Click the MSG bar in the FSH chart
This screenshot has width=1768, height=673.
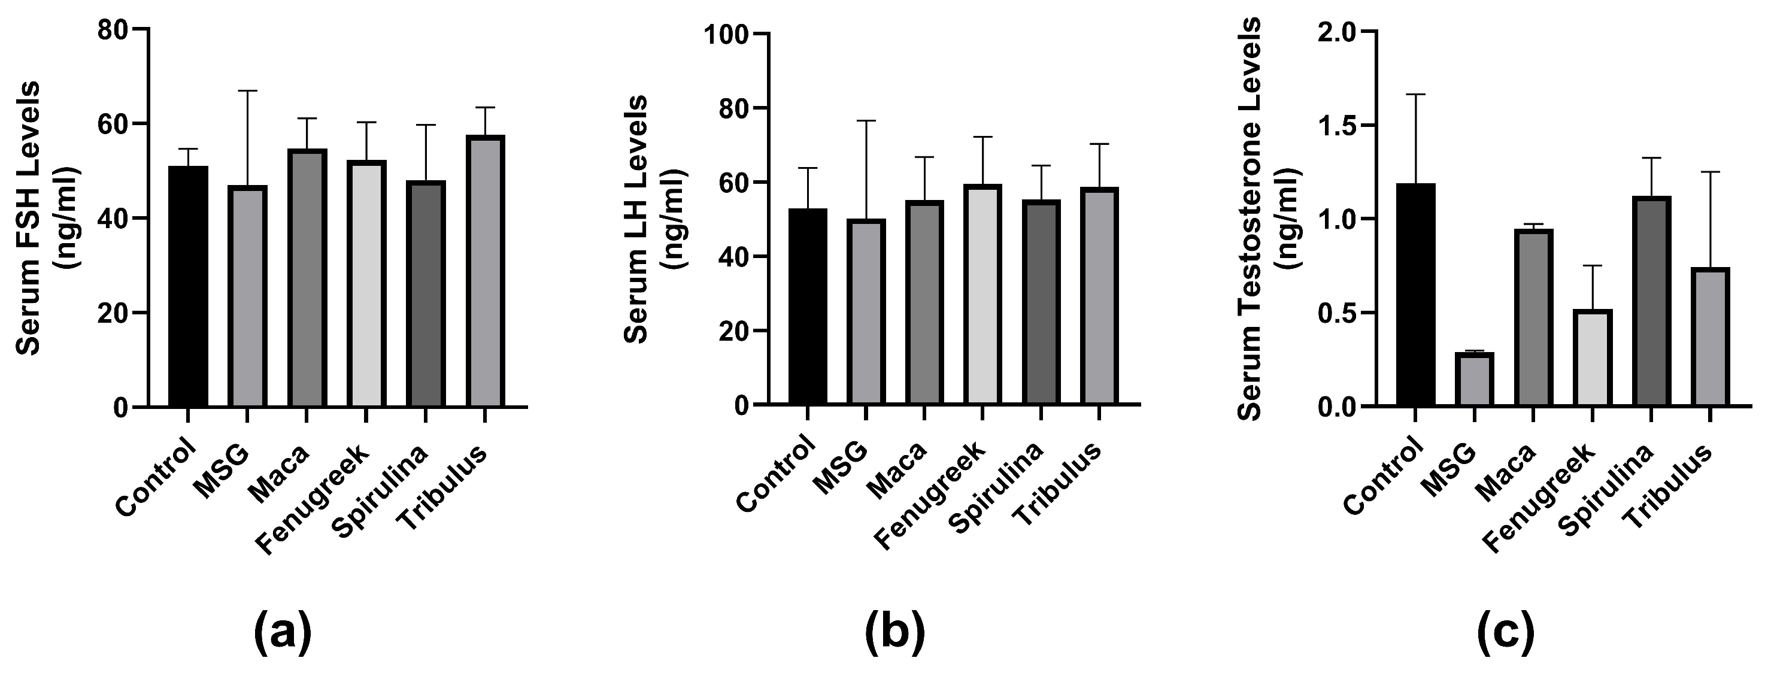coord(248,296)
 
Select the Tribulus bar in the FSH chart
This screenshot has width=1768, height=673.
coord(485,271)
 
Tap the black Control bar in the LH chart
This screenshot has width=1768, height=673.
coord(808,307)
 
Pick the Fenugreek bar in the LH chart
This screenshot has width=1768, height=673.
coord(982,295)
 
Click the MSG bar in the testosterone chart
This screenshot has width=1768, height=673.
coord(1473,380)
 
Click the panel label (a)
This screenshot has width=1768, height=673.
coord(283,634)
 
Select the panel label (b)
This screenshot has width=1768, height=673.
coord(895,634)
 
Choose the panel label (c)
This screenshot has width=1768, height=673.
coord(1505,634)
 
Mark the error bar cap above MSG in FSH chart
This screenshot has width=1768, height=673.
coord(248,90)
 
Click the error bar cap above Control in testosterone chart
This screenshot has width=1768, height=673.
coord(1415,94)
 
